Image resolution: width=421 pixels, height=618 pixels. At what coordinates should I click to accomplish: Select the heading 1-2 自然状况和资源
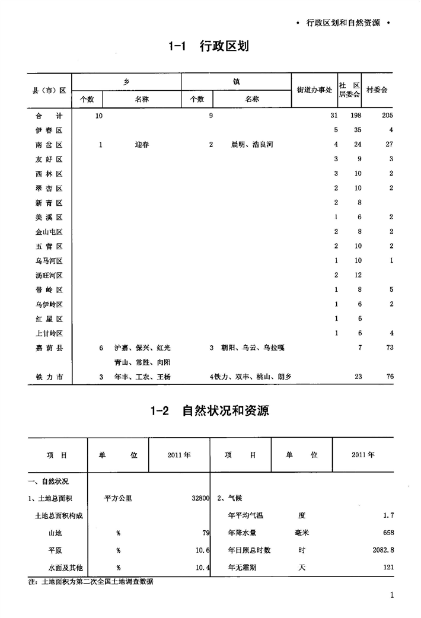pyautogui.click(x=210, y=410)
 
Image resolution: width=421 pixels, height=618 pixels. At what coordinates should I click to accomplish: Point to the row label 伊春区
pyautogui.click(x=49, y=130)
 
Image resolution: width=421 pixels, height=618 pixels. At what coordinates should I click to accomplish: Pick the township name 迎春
pyautogui.click(x=142, y=145)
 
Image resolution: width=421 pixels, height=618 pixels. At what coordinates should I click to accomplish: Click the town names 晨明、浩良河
pyautogui.click(x=252, y=145)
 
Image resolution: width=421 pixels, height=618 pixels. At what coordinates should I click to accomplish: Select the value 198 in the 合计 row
pyautogui.click(x=355, y=116)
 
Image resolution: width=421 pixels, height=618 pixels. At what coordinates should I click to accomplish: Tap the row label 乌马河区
pyautogui.click(x=49, y=261)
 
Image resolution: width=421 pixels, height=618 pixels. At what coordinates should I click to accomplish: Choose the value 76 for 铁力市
pyautogui.click(x=390, y=377)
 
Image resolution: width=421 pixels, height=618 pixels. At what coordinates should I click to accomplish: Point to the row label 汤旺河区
pyautogui.click(x=49, y=276)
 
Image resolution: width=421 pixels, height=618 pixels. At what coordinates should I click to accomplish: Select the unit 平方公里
pyautogui.click(x=118, y=499)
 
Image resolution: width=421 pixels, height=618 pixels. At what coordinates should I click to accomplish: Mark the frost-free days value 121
pyautogui.click(x=388, y=568)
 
